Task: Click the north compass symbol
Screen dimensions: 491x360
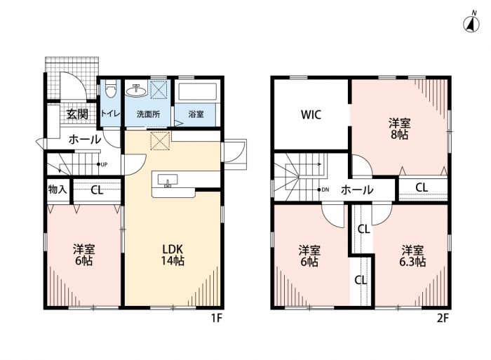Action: coord(471,22)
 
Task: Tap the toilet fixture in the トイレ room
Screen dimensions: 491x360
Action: coord(111,88)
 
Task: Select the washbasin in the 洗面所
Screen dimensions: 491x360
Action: coord(137,91)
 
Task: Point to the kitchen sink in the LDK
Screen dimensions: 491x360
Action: coord(168,181)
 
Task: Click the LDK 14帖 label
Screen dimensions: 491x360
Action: coord(173,255)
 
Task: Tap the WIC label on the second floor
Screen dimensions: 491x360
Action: coord(311,114)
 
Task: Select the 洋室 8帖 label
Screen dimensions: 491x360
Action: coord(399,128)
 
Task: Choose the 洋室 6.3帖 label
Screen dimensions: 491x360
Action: coord(412,256)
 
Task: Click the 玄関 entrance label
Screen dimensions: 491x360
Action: coord(77,114)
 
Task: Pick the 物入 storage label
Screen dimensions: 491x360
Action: coord(58,189)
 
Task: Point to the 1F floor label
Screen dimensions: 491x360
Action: coord(216,319)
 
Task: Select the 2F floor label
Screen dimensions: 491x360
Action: coord(443,319)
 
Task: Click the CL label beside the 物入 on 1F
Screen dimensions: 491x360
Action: coord(97,190)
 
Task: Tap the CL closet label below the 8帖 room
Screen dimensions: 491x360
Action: coord(422,187)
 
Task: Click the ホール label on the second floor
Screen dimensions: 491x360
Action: coord(357,189)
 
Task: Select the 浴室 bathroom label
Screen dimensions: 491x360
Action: coord(196,114)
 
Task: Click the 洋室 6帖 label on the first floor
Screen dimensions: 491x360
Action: coord(84,255)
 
